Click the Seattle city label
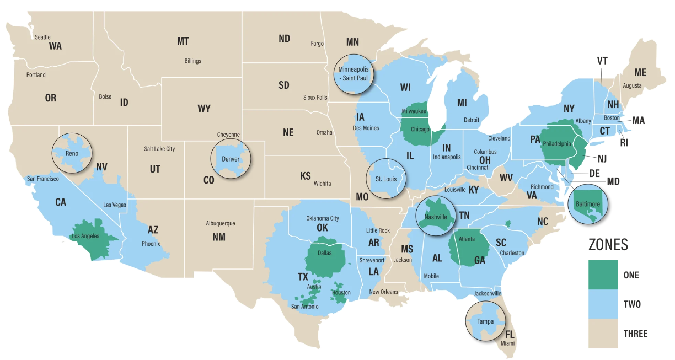pos(42,37)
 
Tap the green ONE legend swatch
pos(603,274)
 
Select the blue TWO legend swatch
pos(603,304)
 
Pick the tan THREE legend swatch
pos(603,333)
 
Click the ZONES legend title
pos(608,245)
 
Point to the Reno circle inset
pos(72,152)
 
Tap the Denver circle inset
pos(231,158)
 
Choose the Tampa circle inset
pos(485,321)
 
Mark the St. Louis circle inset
pos(386,178)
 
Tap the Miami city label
pos(508,343)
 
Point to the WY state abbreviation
pos(204,109)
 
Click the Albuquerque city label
pos(220,223)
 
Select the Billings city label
pos(192,61)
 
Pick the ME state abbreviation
pos(640,72)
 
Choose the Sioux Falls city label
pos(315,98)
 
